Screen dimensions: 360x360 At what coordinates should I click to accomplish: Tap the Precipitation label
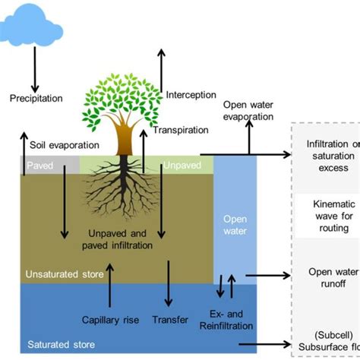click(x=36, y=97)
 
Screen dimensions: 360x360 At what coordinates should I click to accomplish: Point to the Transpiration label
click(x=181, y=130)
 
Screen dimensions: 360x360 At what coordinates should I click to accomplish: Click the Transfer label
click(x=169, y=320)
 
